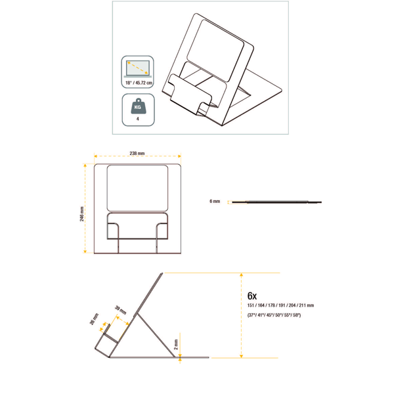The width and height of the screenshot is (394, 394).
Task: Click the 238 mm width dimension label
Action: point(137,153)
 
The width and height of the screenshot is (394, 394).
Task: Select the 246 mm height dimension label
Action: point(82,214)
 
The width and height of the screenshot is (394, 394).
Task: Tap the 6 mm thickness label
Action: point(215,202)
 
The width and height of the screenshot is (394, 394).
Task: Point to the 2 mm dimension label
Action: point(176,344)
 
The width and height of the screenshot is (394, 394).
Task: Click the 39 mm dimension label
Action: point(121,310)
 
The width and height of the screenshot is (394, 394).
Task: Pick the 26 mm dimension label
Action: point(94,319)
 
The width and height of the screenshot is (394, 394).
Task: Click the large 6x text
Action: point(252,296)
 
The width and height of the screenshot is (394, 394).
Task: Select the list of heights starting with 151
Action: point(280,305)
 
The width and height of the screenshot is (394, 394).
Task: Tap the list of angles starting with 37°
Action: point(274,315)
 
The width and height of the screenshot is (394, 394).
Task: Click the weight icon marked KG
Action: point(137,106)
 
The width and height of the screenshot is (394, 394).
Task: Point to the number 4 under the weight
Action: point(138,119)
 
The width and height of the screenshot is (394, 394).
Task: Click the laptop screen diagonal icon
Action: point(138,68)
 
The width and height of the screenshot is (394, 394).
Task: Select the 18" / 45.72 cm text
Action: point(139,83)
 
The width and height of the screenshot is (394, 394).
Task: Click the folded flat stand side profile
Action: point(276,202)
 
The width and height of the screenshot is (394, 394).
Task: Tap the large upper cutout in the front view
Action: point(137,188)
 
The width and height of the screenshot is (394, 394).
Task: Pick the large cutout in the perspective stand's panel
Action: point(215,51)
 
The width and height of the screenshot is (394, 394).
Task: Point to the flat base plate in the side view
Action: point(159,357)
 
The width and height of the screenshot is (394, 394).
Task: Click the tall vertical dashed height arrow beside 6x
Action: point(242,315)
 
